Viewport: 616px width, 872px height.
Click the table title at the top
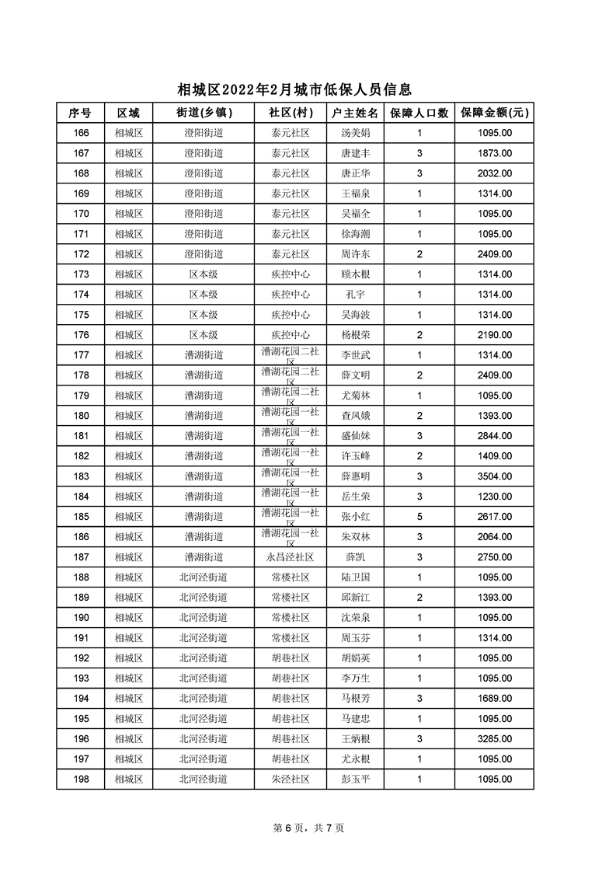[x=294, y=90]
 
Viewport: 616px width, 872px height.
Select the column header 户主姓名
[x=355, y=113]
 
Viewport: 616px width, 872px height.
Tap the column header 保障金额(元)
[x=494, y=113]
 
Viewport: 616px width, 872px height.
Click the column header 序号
[x=80, y=113]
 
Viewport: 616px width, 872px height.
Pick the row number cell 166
[x=80, y=133]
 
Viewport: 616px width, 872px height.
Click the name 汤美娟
[x=355, y=133]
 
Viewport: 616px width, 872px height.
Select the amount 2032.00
[x=494, y=173]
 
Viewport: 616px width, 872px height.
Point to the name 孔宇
[x=355, y=295]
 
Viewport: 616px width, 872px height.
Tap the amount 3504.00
[x=494, y=476]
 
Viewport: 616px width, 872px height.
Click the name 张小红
[x=355, y=517]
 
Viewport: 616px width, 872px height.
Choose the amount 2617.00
[x=494, y=517]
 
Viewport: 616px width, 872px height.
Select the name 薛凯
[x=355, y=557]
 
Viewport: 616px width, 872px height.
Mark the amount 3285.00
[x=494, y=739]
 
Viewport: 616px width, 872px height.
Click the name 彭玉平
[x=355, y=780]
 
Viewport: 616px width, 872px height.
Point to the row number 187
[x=80, y=557]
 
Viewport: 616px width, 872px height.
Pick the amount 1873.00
[x=494, y=153]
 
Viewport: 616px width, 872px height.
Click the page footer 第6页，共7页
[x=308, y=828]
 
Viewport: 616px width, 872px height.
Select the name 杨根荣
[x=355, y=335]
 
